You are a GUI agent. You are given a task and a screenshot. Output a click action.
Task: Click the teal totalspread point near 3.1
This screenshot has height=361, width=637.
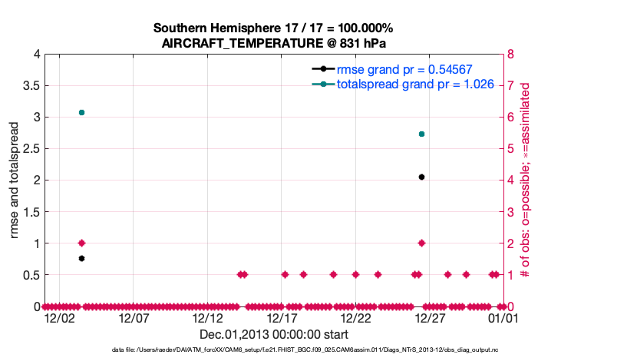(x=82, y=112)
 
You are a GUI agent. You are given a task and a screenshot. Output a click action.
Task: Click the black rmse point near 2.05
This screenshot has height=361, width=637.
(x=421, y=177)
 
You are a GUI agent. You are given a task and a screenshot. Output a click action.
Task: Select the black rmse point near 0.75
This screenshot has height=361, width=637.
(x=82, y=258)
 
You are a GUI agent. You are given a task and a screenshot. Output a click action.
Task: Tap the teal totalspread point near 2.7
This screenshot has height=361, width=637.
(x=421, y=134)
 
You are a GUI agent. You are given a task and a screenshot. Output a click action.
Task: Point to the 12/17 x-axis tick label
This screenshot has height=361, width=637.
(x=282, y=317)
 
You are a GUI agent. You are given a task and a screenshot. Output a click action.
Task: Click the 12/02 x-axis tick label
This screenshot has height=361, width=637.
(x=59, y=317)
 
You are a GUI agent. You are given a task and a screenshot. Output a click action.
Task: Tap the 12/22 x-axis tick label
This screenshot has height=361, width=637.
(x=356, y=317)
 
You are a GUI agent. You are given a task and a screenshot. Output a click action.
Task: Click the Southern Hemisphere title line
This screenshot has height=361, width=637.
(x=274, y=28)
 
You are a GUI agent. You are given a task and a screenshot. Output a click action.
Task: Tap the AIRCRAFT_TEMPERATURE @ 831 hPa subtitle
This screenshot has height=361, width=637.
(x=274, y=43)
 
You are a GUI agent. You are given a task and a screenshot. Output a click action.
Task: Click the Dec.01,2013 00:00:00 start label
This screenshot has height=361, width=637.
(x=274, y=334)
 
